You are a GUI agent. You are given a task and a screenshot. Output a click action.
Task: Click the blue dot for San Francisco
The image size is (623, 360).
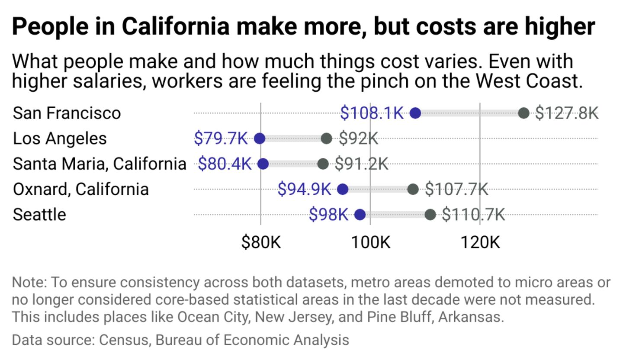pos(415,113)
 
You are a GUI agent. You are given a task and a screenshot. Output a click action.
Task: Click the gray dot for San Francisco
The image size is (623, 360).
pos(524,113)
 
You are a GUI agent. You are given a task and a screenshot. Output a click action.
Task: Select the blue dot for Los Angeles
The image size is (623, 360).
pos(260,138)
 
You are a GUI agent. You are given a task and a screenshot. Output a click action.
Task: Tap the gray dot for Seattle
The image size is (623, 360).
pos(430,215)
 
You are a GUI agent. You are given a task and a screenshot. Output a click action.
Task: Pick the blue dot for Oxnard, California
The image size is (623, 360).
pos(343,189)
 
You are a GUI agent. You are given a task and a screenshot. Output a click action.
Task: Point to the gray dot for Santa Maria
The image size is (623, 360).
pos(323,164)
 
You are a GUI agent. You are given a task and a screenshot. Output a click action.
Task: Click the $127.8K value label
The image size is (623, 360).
pos(567,113)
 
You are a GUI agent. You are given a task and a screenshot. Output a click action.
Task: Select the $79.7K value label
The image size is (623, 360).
pos(221,138)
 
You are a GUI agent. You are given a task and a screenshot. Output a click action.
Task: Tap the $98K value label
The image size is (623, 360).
pos(328,215)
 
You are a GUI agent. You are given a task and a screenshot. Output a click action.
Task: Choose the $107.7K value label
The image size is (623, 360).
pos(456,189)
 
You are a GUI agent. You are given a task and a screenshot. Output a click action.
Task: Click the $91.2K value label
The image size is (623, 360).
pos(361,164)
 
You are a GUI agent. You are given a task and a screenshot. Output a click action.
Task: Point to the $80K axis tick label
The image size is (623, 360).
pos(261,242)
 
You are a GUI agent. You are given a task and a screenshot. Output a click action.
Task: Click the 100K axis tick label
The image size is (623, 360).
pos(370,242)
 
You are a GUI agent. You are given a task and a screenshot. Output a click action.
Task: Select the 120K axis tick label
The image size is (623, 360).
pos(480,242)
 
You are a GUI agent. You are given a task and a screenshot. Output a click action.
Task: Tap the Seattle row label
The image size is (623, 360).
pos(39,215)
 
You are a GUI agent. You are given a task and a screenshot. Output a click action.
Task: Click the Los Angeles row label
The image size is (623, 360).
pos(60,138)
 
